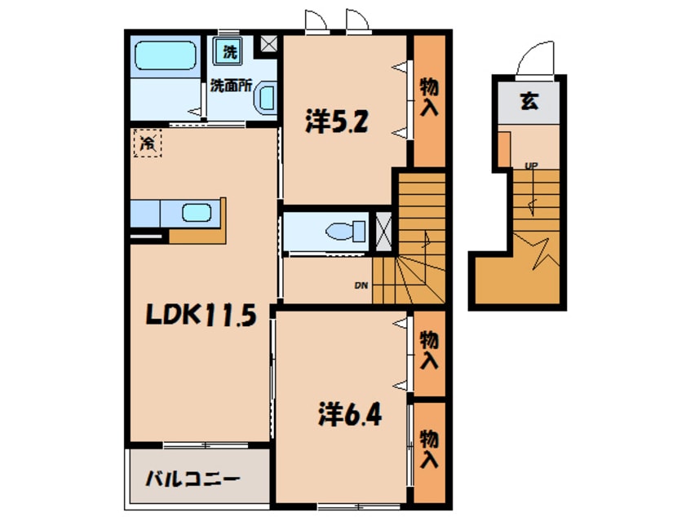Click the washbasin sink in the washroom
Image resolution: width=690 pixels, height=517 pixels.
[x=267, y=100]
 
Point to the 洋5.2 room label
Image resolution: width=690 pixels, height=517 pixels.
[x=338, y=122]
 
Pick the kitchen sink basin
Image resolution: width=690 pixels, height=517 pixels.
[x=197, y=214]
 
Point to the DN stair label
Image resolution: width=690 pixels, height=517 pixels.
[x=360, y=285]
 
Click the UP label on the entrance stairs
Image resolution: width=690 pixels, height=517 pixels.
[x=531, y=166]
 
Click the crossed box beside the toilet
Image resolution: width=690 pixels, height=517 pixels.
[x=383, y=230]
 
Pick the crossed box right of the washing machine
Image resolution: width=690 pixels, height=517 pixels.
[x=266, y=45]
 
